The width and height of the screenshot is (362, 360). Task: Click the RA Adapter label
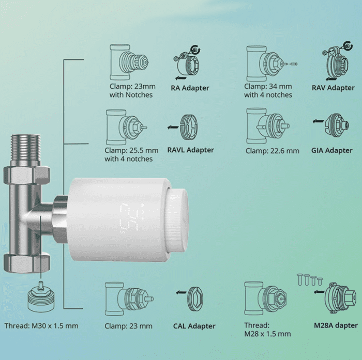pyautogui.click(x=190, y=88)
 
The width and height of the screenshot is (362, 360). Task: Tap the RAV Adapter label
pyautogui.click(x=333, y=88)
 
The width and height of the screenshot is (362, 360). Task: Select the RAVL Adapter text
pyautogui.click(x=190, y=150)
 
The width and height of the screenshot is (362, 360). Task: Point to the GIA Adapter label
pyautogui.click(x=331, y=150)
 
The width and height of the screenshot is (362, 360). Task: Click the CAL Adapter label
pyautogui.click(x=194, y=326)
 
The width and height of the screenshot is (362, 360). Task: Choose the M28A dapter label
pyautogui.click(x=336, y=325)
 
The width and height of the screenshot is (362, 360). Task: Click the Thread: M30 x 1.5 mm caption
pyautogui.click(x=41, y=326)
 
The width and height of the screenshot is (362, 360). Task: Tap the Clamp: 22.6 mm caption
pyautogui.click(x=272, y=151)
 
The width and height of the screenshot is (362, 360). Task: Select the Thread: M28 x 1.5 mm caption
pyautogui.click(x=267, y=330)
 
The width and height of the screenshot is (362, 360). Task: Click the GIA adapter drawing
pyautogui.click(x=336, y=126)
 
